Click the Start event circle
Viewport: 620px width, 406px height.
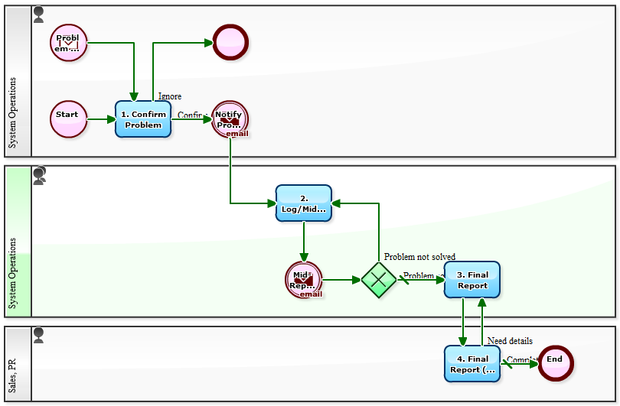tap(69, 119)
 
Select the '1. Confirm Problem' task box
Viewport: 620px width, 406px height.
tap(143, 119)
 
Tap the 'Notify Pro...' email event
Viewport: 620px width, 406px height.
tap(230, 119)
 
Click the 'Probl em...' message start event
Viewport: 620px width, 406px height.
tap(69, 43)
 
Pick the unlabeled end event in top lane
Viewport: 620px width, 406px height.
tap(230, 43)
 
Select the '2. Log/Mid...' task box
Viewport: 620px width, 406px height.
tap(303, 203)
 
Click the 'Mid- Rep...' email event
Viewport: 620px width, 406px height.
tap(303, 280)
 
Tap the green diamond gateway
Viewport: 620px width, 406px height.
tap(379, 280)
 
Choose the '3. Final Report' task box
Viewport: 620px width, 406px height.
tap(472, 280)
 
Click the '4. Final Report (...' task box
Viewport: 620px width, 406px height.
tap(472, 363)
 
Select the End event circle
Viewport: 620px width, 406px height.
tap(555, 363)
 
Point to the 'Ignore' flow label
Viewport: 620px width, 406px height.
tap(169, 96)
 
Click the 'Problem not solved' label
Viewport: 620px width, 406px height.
tap(419, 257)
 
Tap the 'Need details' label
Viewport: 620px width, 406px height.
tap(510, 341)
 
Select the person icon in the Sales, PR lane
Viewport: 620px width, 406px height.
tap(39, 334)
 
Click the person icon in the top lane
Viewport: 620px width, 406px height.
tap(39, 14)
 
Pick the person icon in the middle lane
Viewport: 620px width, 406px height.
tap(39, 175)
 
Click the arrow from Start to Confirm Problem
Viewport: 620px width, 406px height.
tap(101, 119)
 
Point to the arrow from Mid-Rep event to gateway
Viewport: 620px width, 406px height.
tap(341, 280)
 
